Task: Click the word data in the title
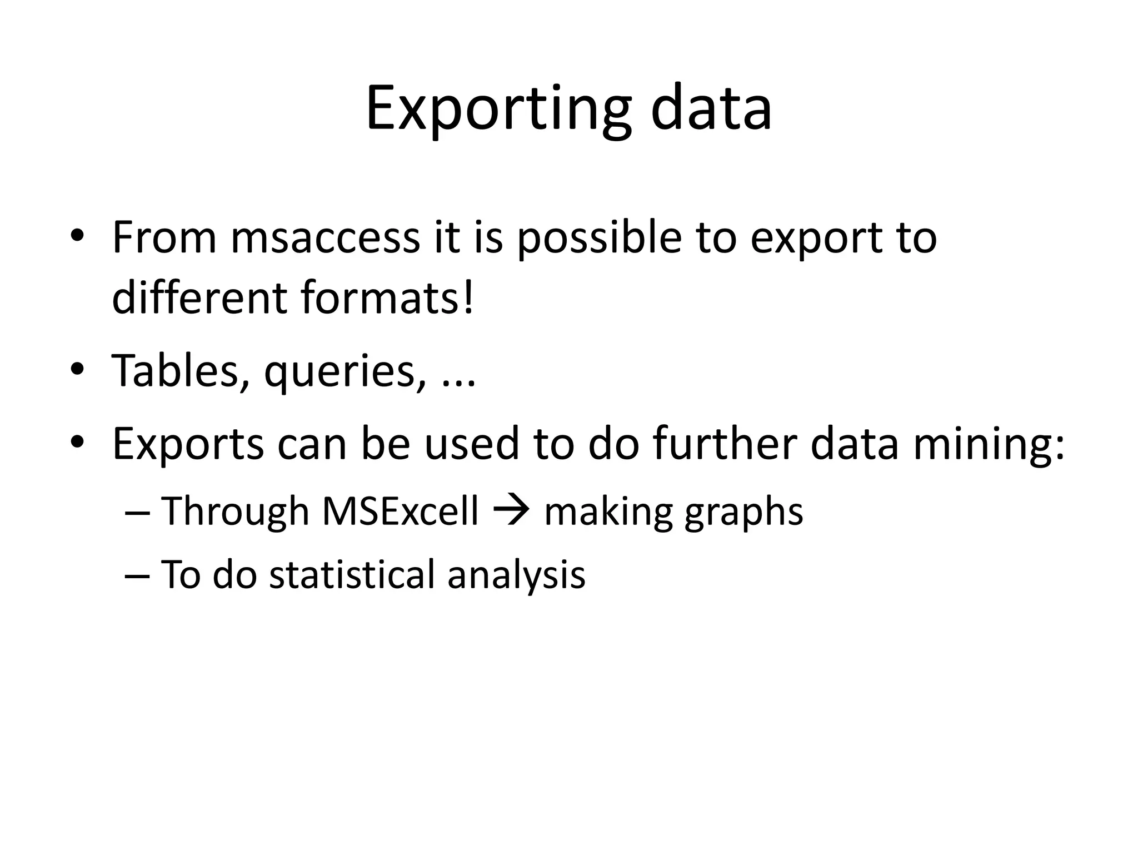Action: (711, 109)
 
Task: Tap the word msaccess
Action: (325, 238)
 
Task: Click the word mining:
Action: (989, 445)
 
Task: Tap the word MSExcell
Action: (400, 511)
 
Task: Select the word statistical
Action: (352, 574)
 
